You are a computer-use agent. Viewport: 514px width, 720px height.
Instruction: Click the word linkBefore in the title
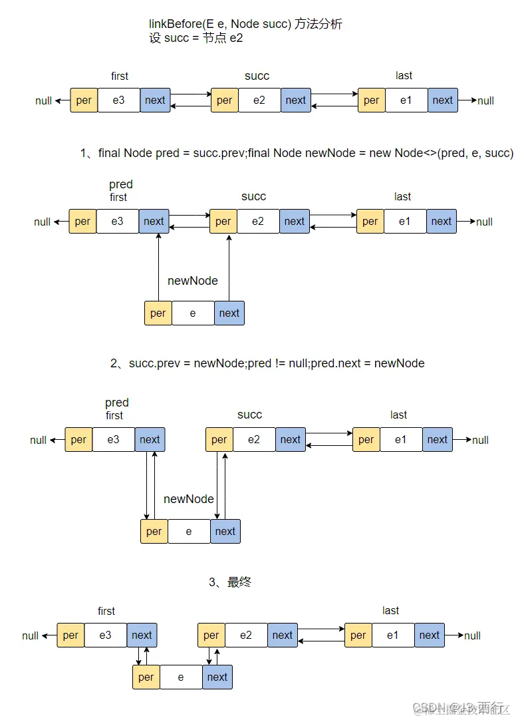[x=172, y=25]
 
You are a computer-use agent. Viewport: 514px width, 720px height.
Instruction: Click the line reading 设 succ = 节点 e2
[x=196, y=38]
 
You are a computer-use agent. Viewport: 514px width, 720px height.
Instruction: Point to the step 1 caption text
[x=297, y=154]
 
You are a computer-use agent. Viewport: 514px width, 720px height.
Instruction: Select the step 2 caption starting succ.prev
[x=267, y=363]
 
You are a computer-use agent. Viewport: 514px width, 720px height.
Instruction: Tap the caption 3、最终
[x=230, y=582]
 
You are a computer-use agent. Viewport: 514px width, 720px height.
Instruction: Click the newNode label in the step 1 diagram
[x=193, y=281]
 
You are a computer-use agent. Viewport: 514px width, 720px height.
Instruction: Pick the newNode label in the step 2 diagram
[x=189, y=499]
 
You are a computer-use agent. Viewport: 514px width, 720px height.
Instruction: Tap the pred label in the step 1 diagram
[x=121, y=184]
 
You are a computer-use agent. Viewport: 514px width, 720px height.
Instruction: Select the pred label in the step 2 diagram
[x=117, y=403]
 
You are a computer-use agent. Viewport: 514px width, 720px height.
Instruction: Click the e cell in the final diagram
[x=181, y=677]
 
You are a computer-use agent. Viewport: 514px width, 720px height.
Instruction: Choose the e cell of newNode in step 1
[x=193, y=313]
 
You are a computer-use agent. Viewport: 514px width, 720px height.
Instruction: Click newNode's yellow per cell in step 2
[x=154, y=532]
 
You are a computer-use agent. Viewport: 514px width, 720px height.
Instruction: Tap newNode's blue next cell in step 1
[x=229, y=313]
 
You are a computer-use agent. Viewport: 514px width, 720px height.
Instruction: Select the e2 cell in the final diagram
[x=246, y=635]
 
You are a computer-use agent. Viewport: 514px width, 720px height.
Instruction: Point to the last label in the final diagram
[x=391, y=611]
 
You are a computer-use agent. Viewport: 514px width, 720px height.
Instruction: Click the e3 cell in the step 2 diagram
[x=113, y=440]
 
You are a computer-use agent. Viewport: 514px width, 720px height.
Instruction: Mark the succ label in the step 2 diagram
[x=250, y=415]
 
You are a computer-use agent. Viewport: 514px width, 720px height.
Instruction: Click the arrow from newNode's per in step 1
[x=158, y=266]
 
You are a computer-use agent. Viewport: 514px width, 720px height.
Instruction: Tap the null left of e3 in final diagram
[x=31, y=636]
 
